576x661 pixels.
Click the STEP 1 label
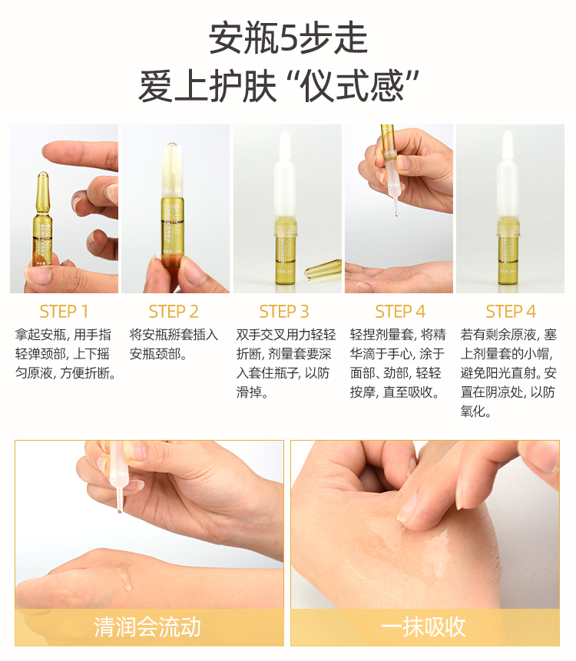(64, 312)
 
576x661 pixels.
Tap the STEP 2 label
(174, 312)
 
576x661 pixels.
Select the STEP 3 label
(284, 312)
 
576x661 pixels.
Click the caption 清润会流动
(147, 626)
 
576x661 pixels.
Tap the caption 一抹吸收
(423, 626)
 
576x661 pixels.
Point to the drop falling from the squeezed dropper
(396, 213)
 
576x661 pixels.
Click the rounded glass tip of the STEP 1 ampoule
(42, 177)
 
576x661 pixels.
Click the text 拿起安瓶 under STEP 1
(41, 335)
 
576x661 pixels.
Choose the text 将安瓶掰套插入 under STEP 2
(174, 335)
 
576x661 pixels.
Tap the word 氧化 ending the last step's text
(472, 411)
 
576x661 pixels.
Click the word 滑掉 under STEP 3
(249, 392)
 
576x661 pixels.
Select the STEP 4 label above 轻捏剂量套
(400, 312)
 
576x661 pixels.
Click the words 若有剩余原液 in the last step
(498, 335)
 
